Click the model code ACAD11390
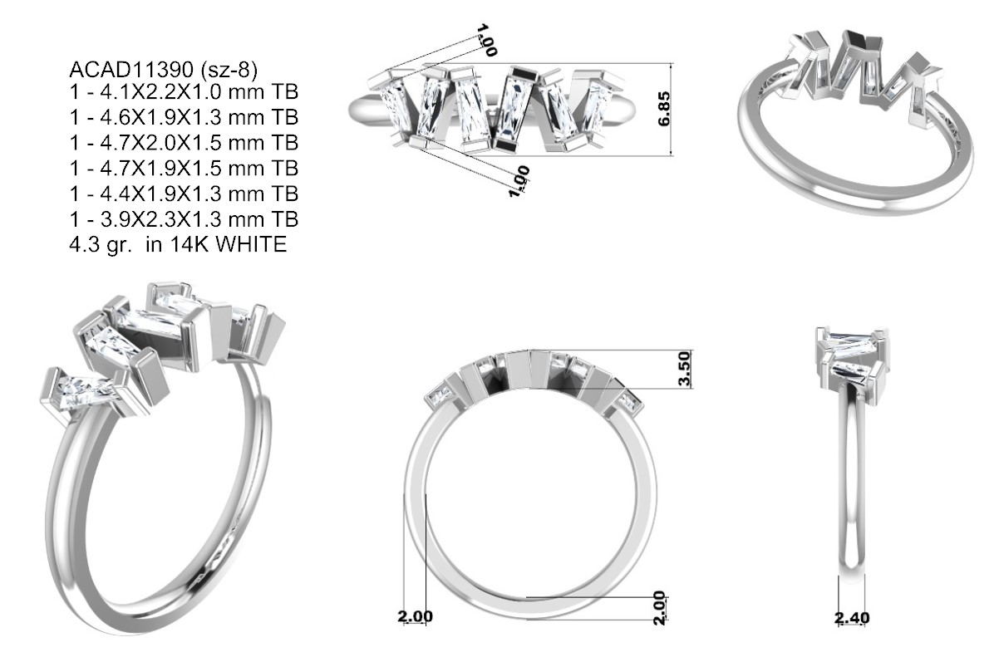(131, 70)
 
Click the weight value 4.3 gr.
(101, 245)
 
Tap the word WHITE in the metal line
(251, 245)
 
